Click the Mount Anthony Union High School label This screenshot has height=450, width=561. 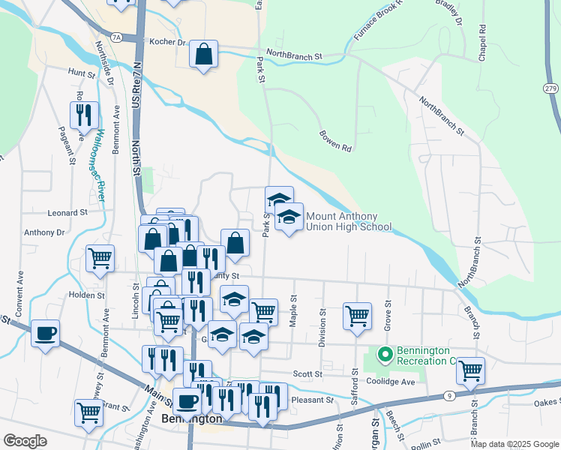tap(348, 221)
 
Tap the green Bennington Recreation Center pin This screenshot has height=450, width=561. tap(385, 353)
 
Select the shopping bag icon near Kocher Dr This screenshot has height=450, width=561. tap(203, 55)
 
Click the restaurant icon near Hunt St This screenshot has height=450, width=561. tap(84, 115)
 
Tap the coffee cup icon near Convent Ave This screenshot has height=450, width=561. tap(45, 333)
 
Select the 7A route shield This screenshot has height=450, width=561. tap(115, 36)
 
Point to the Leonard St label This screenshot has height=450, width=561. tap(68, 213)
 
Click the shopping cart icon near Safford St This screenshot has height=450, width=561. tap(357, 315)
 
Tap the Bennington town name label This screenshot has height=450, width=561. tap(192, 418)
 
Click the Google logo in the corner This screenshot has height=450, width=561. tap(25, 441)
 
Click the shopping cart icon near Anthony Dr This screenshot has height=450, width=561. tap(100, 258)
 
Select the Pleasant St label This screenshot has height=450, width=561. tap(311, 400)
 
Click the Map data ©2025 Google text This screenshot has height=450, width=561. tap(514, 444)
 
